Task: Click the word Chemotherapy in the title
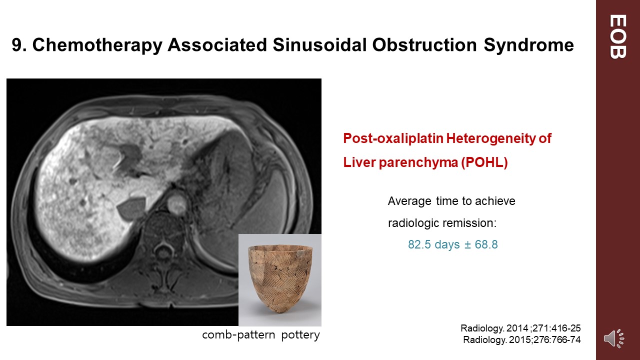point(97,45)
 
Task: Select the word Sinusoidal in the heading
point(319,44)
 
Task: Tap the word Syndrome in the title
point(528,45)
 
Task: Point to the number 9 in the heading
point(17,45)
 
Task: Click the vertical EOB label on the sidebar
point(617,36)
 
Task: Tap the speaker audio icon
point(614,338)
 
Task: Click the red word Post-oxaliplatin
point(393,138)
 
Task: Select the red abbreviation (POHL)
point(484,162)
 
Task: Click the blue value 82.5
point(419,244)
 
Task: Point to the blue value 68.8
point(486,244)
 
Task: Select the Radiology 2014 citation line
point(520,328)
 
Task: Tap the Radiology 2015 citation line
point(521,339)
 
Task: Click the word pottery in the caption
point(300,335)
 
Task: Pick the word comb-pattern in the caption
point(238,335)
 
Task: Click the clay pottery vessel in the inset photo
point(279,278)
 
